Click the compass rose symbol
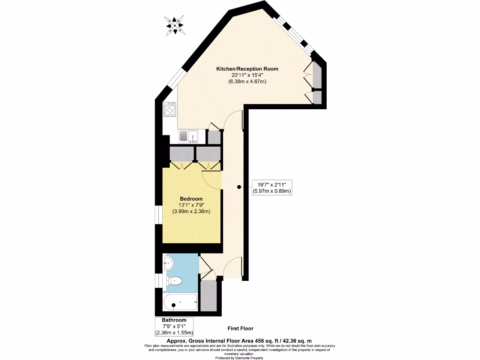175,25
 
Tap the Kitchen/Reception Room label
247,69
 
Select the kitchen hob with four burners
169,110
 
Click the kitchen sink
188,137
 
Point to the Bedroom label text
191,199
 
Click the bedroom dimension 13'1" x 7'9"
191,205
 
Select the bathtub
180,303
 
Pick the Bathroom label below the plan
173,320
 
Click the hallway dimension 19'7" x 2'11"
271,184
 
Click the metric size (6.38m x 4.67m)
247,82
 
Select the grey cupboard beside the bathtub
209,295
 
